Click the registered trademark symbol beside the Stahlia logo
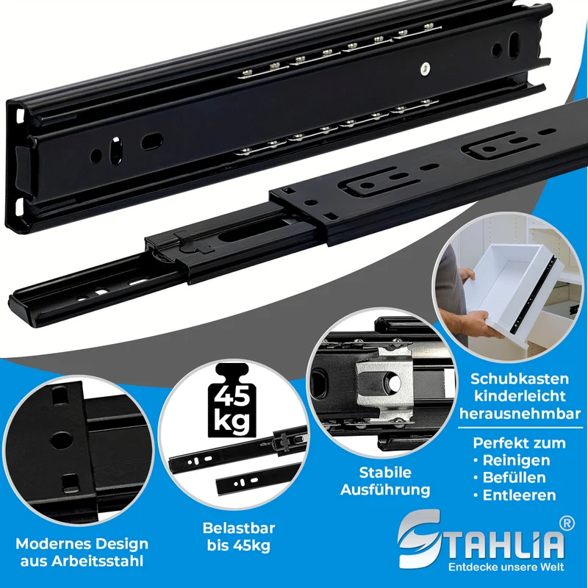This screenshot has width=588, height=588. click(x=567, y=523)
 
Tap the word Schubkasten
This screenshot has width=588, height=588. click(x=520, y=379)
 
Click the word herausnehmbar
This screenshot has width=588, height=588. click(x=520, y=414)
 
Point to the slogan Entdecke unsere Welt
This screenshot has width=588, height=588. click(x=506, y=566)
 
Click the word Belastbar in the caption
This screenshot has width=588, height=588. click(x=239, y=528)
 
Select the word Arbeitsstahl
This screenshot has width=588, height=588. click(x=97, y=561)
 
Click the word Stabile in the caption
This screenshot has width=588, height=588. click(x=385, y=473)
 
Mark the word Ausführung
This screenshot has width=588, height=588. click(x=385, y=490)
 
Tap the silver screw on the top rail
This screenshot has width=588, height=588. click(x=425, y=68)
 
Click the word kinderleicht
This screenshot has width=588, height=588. click(x=520, y=396)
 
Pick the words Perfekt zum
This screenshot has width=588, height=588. click(x=520, y=443)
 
